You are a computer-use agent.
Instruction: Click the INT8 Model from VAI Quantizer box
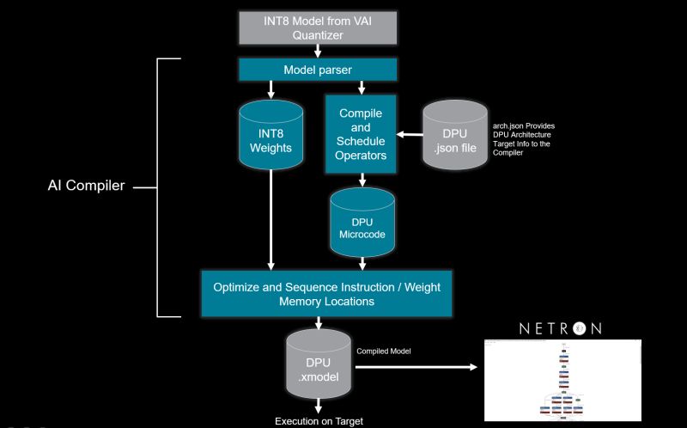click(x=319, y=28)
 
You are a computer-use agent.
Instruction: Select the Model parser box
click(x=319, y=70)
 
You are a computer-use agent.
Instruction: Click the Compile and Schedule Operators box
click(x=361, y=134)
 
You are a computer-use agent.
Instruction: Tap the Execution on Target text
click(x=319, y=421)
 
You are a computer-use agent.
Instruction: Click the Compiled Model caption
click(x=383, y=352)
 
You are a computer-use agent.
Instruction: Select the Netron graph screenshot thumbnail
click(x=562, y=379)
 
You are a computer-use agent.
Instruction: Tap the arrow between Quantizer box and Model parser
click(x=319, y=51)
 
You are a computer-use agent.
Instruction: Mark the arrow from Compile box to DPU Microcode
click(x=362, y=180)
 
